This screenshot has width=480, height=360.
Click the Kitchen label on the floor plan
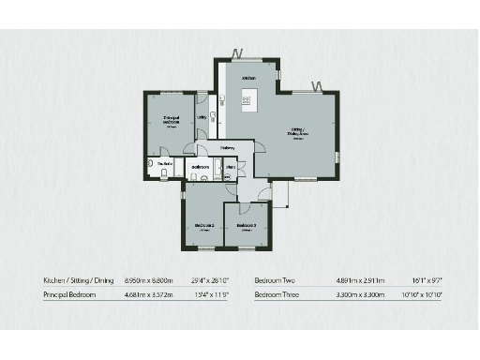(249, 78)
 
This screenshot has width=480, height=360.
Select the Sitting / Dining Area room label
(297, 134)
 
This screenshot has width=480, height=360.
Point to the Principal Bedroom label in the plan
(171, 120)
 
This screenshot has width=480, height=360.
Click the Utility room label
(202, 117)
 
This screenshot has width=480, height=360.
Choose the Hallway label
(228, 147)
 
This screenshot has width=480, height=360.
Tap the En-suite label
(166, 165)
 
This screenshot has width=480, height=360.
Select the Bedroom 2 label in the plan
(204, 226)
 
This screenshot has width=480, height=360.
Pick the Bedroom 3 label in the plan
(247, 226)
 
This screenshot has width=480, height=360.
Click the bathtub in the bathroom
(217, 169)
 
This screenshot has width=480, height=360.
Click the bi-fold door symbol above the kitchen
(239, 52)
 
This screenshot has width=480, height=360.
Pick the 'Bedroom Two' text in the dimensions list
(278, 280)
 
